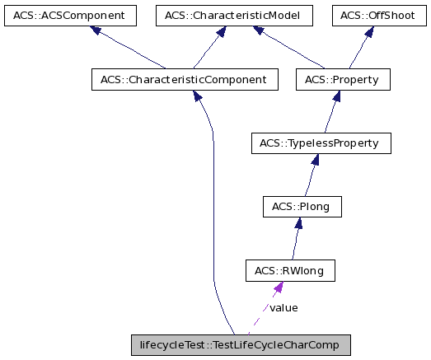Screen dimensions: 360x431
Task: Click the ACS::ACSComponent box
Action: tap(69, 15)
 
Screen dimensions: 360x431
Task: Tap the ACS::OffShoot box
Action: tap(379, 15)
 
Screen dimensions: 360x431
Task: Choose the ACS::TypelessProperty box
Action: tap(320, 143)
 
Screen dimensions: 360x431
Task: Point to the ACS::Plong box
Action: tap(302, 207)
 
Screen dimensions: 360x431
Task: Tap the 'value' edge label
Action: tap(283, 308)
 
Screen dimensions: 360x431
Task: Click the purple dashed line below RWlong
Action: tap(262, 316)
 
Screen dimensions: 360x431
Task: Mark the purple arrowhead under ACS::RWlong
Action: tap(279, 288)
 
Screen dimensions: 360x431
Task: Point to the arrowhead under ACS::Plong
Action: tap(299, 224)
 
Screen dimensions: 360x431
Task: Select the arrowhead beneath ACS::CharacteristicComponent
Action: tap(199, 97)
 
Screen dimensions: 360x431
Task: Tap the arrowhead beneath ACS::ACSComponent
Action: tap(96, 31)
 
